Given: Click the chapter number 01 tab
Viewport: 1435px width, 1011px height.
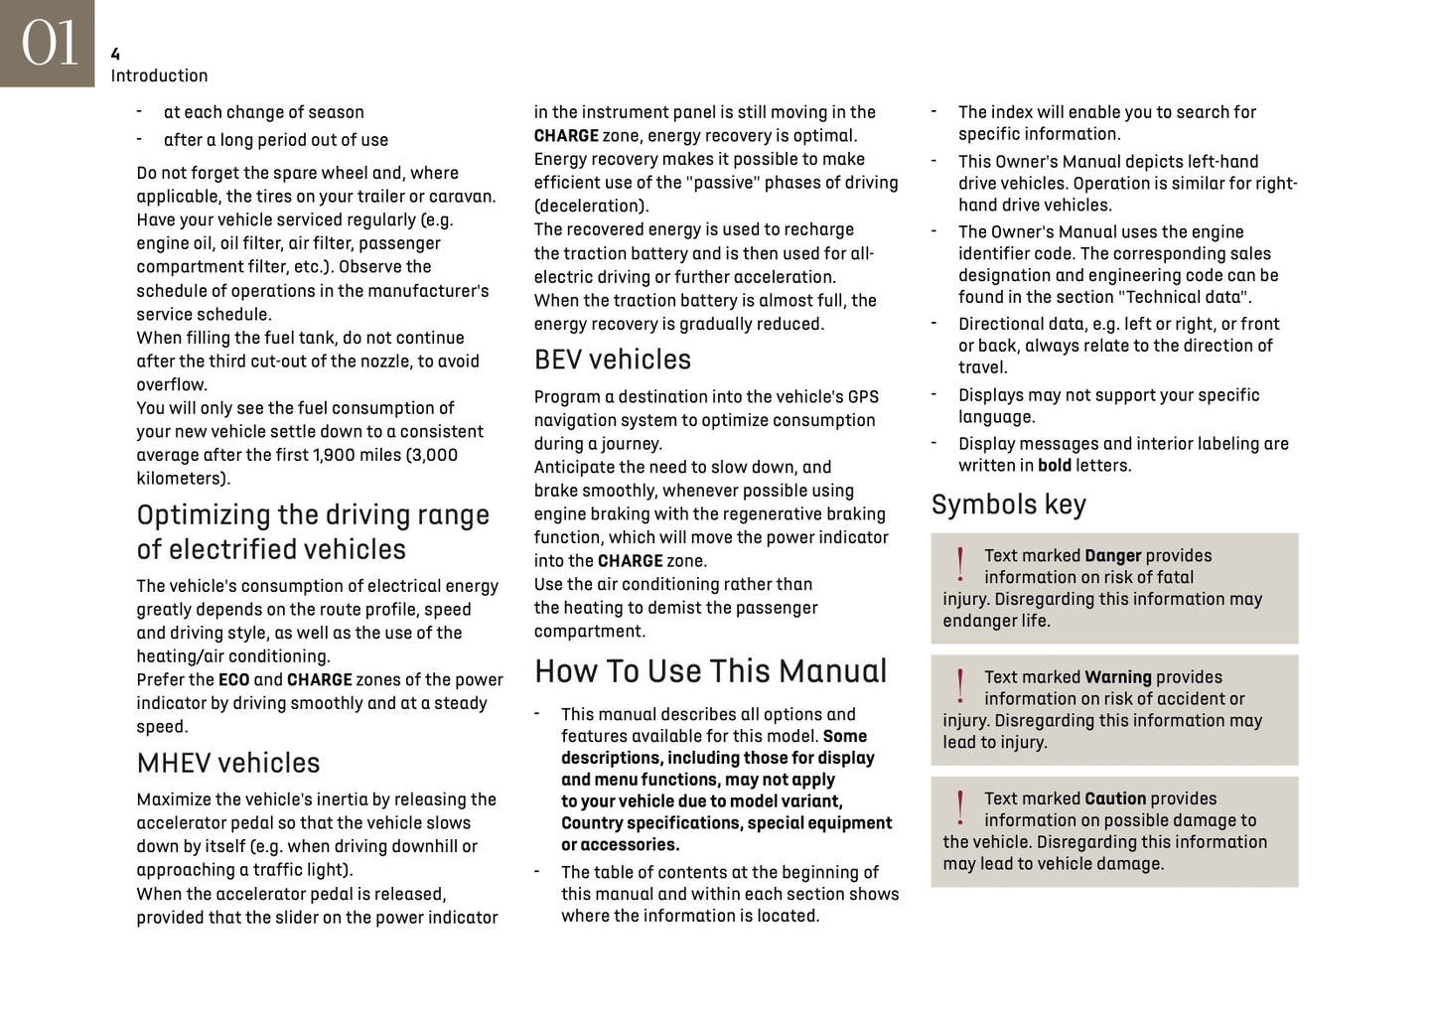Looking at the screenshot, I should point(48,44).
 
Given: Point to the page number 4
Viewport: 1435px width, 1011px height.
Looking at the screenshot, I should point(115,55).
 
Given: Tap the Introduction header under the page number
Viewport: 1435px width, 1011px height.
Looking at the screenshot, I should point(159,75).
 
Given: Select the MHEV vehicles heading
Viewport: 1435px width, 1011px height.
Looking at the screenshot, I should point(228,763).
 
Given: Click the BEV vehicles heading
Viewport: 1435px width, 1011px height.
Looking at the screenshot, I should point(612,360).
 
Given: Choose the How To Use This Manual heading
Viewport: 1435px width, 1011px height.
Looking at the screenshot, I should point(710,671).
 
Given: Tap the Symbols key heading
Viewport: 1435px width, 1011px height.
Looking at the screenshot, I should point(1008,505).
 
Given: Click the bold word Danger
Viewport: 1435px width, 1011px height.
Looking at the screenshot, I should point(1112,556).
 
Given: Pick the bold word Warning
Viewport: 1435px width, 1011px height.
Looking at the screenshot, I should point(1117,677).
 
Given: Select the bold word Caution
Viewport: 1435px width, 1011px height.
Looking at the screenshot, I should point(1115,798).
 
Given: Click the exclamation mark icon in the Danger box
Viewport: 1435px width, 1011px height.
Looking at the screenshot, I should point(959,564).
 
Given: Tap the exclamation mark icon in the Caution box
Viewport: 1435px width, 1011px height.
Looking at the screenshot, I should point(959,807).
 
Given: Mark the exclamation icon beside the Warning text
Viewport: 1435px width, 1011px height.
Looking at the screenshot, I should point(959,686).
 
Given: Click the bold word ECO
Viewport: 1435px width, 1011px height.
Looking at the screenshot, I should point(233,680).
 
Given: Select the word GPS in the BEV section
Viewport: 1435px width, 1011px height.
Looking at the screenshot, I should point(863,397).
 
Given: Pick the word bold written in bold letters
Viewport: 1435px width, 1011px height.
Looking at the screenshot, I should point(1055,466).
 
